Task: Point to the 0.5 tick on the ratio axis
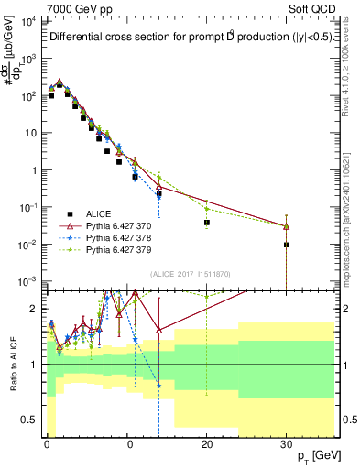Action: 29,420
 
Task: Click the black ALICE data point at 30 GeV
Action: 287,245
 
